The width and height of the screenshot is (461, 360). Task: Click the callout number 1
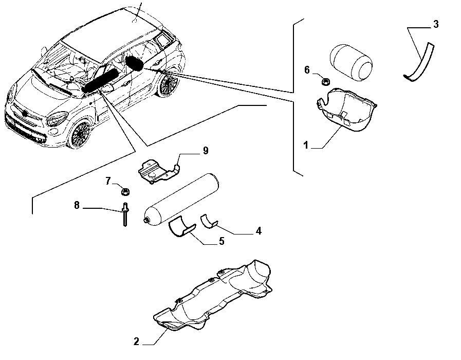point(306,145)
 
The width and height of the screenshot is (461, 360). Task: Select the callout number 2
point(136,341)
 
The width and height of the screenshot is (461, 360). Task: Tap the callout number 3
point(436,24)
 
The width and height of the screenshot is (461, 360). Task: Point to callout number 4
point(259,231)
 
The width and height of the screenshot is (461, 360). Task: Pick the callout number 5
point(222,241)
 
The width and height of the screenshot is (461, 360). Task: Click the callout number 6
point(307,70)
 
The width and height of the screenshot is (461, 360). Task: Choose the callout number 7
point(108,181)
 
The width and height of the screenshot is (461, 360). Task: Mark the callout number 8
point(77,205)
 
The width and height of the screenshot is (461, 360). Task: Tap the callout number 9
point(206,151)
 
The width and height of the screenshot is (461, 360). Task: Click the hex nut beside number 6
point(325,81)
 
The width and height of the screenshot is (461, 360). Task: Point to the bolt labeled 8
point(125,214)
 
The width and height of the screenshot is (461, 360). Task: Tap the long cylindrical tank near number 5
point(181,200)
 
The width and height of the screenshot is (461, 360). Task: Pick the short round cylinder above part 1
point(351,62)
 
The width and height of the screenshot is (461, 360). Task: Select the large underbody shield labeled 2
point(213,295)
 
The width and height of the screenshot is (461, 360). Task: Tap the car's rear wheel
point(168,83)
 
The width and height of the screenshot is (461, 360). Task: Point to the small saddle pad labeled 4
point(209,222)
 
